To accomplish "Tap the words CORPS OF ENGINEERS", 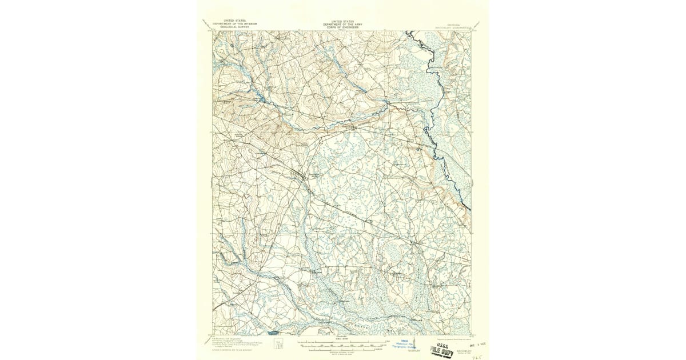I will [343, 26].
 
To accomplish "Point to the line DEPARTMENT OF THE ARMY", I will [343, 23].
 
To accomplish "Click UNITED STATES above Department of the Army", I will [343, 21].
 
